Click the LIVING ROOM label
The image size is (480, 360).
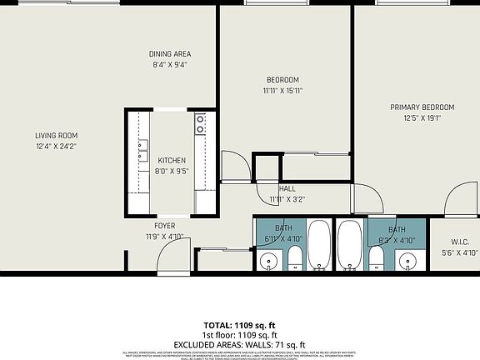56,136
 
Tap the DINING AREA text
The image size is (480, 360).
171,54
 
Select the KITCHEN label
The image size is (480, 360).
172,161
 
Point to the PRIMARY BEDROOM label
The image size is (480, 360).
422,107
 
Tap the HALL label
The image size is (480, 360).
287,189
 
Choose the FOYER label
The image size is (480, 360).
164,226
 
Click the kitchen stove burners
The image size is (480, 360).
201,125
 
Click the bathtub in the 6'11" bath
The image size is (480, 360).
319,243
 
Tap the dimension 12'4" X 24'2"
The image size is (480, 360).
56,147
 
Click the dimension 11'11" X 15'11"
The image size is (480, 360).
282,91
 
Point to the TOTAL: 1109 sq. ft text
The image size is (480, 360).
239,324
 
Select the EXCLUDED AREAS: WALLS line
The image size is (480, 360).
239,344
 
